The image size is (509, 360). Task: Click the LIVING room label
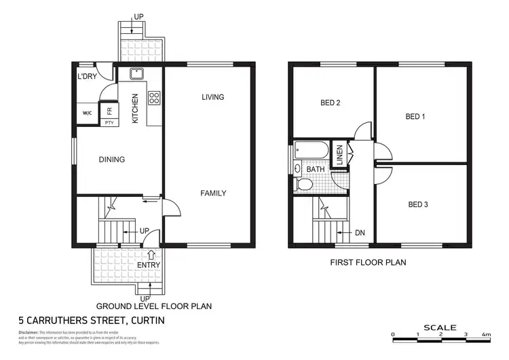click(212, 97)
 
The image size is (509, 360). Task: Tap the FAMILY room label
click(213, 193)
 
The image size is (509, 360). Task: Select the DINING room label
click(112, 160)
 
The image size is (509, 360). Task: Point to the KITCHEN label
click(135, 108)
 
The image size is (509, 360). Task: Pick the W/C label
click(88, 113)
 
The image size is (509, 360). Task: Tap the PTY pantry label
click(109, 122)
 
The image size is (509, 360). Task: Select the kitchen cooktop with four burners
click(153, 98)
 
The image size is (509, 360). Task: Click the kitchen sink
click(136, 73)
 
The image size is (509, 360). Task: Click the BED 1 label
click(415, 116)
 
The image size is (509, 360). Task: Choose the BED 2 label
click(330, 103)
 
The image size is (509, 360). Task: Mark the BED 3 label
click(418, 204)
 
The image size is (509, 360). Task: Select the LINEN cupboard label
click(339, 155)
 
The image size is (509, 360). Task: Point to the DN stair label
click(360, 233)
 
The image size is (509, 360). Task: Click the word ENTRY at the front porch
click(149, 265)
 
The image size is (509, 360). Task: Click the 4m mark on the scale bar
click(486, 334)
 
